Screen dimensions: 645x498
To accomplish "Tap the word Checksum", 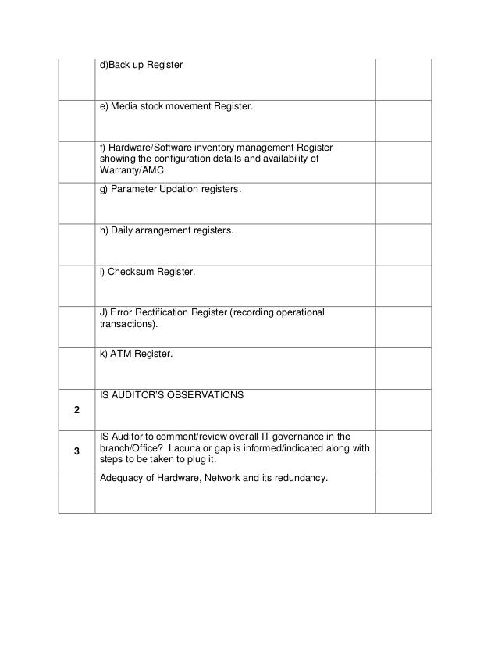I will coord(133,272).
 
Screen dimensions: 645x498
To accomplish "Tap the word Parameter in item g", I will coord(134,190).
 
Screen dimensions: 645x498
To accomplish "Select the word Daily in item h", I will coord(125,231).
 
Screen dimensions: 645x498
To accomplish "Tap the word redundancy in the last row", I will coord(299,478).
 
